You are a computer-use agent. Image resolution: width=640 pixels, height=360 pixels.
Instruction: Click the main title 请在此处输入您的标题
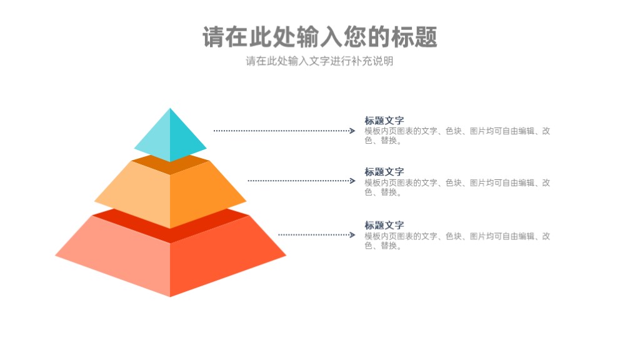[319, 37]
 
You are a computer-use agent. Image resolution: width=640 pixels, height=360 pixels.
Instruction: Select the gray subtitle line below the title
[319, 61]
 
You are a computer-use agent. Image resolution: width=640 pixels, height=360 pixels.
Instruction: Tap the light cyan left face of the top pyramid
[156, 137]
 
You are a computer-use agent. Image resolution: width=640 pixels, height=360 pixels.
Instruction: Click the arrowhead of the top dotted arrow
[352, 131]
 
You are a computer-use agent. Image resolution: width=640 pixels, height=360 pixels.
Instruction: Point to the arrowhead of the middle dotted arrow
[352, 181]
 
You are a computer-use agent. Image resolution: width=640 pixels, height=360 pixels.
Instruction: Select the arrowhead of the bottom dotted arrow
[352, 235]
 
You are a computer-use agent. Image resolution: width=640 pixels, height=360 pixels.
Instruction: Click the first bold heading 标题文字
[384, 121]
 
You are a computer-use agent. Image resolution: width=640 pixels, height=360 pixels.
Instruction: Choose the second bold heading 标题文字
[384, 172]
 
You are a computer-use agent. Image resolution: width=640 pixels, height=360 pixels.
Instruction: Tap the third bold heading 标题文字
[384, 225]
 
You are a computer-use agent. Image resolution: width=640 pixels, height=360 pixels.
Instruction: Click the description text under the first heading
[457, 136]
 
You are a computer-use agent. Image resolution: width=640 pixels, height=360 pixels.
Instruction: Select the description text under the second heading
[457, 187]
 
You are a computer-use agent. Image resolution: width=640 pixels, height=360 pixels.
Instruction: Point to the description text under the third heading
[457, 241]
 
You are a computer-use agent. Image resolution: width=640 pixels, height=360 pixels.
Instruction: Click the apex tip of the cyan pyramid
[170, 108]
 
